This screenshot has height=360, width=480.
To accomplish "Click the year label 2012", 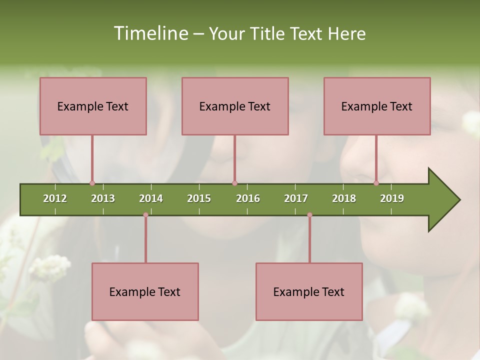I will (x=55, y=198).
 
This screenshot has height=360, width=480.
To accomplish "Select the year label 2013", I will (x=103, y=198).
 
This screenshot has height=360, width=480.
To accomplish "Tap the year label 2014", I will (x=151, y=198).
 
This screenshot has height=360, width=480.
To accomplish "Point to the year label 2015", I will (x=199, y=198).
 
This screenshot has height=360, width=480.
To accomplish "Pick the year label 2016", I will (x=248, y=198).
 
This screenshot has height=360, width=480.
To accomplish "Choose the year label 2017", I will (x=296, y=198).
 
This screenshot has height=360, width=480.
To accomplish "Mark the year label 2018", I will (x=344, y=198).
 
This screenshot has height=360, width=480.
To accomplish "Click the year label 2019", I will (x=392, y=198).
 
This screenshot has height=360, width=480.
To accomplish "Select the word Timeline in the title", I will (x=150, y=33).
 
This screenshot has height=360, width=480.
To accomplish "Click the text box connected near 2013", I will (x=93, y=106).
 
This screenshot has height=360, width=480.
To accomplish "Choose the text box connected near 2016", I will (x=235, y=106).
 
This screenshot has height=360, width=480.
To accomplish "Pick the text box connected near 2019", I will (x=377, y=106).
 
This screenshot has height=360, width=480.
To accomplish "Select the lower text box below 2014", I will (x=145, y=291).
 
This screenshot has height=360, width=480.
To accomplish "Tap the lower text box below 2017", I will (x=309, y=291).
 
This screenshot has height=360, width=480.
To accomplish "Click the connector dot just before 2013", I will (x=92, y=183).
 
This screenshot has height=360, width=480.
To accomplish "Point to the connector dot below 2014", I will (x=145, y=215).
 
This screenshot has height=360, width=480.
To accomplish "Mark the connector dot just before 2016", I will (x=234, y=183).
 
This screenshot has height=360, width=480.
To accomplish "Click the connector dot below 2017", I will (x=309, y=215).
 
